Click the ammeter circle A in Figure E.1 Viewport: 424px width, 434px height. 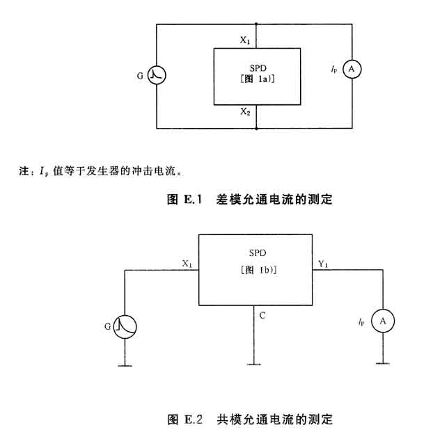point(352,70)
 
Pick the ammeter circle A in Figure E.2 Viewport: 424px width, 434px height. point(382,321)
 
